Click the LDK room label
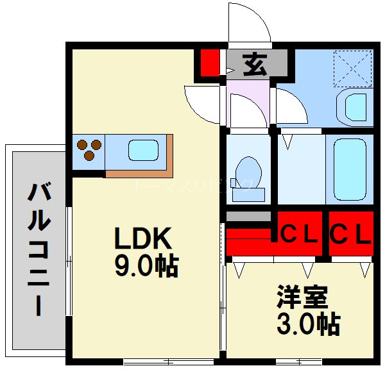[142, 239]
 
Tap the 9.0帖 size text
[146, 265]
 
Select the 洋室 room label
[302, 297]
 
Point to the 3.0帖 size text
[308, 325]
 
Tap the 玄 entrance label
[255, 63]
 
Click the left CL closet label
[300, 235]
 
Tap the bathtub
[350, 170]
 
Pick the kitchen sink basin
[142, 151]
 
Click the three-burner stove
[89, 150]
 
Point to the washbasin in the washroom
[355, 106]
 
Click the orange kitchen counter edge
[141, 173]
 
